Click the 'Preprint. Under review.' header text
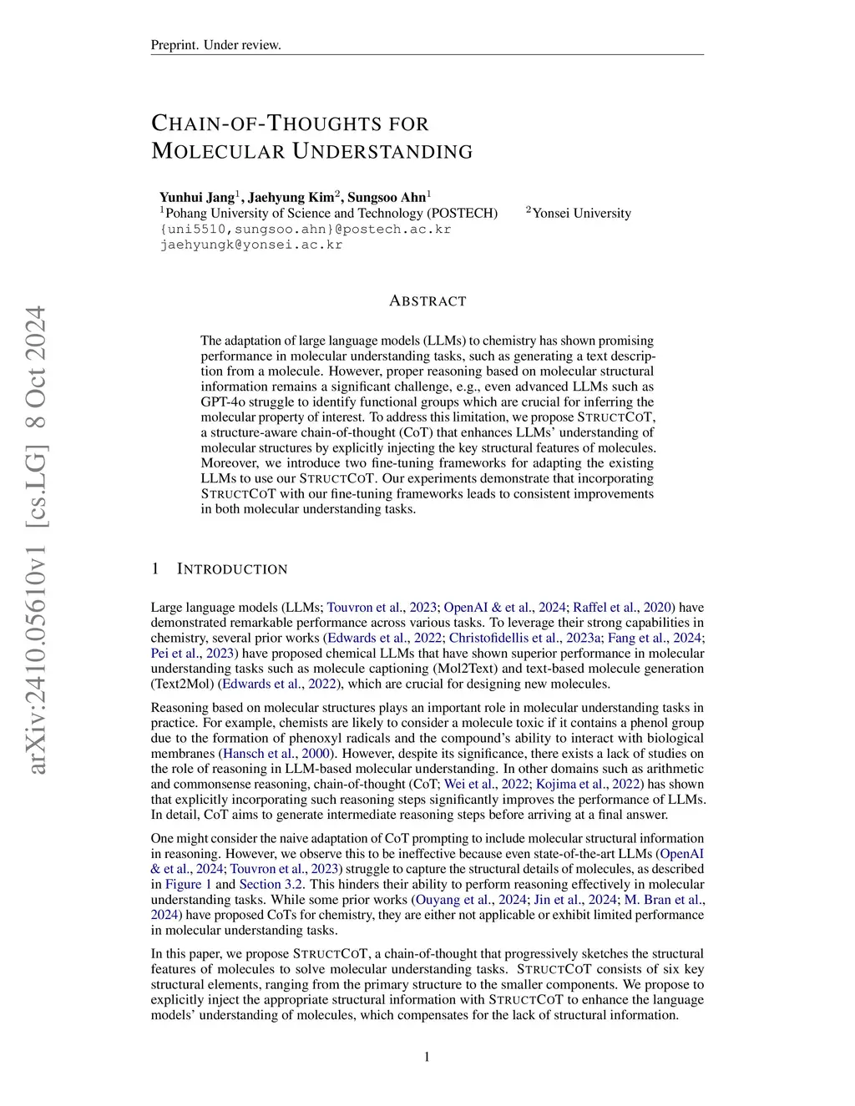point(215,45)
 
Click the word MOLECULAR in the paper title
point(217,152)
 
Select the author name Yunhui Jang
point(197,198)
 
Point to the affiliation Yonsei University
point(581,214)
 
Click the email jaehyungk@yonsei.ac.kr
point(251,245)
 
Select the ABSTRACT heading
point(427,301)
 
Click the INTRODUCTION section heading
point(232,569)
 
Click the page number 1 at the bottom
point(427,1058)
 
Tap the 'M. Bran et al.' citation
point(662,900)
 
